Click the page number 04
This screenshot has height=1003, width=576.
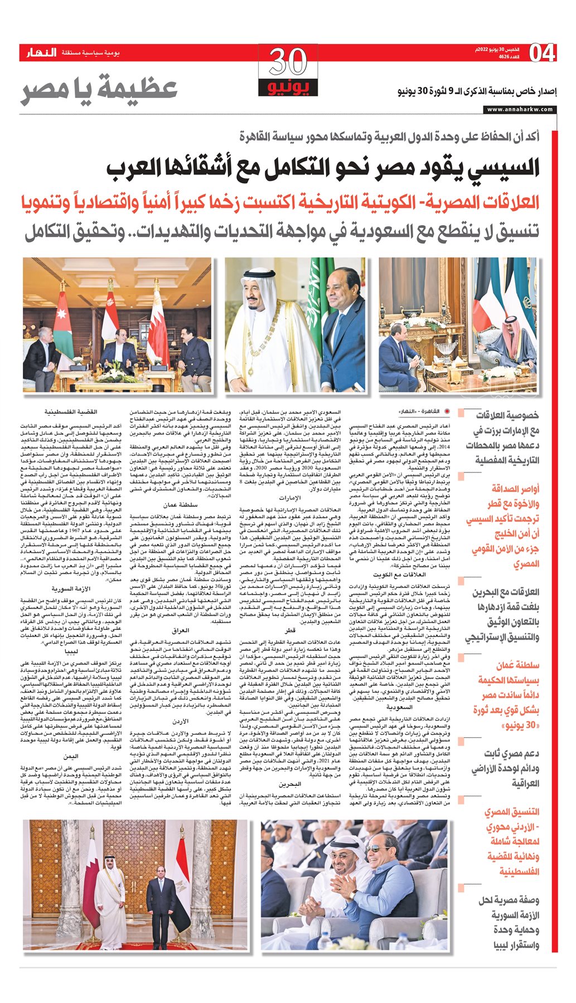[543, 53]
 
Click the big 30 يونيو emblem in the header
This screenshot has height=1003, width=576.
[288, 71]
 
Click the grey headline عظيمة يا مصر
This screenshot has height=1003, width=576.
[99, 89]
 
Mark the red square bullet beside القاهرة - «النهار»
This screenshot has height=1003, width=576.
[461, 412]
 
